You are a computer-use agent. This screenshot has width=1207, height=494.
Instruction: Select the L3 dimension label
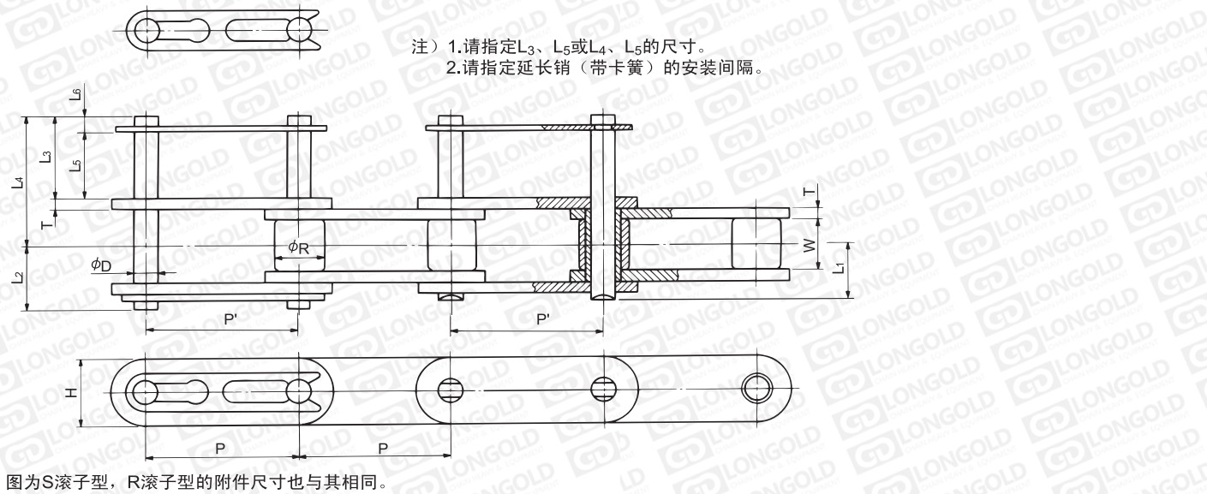click(x=47, y=157)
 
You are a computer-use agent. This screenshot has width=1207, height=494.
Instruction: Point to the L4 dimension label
click(x=20, y=182)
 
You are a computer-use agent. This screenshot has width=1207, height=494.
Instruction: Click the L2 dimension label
click(x=19, y=278)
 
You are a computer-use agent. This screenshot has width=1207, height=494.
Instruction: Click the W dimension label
click(x=809, y=246)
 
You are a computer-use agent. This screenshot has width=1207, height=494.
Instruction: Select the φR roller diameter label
click(x=298, y=247)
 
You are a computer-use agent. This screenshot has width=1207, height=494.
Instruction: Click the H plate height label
click(x=70, y=393)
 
